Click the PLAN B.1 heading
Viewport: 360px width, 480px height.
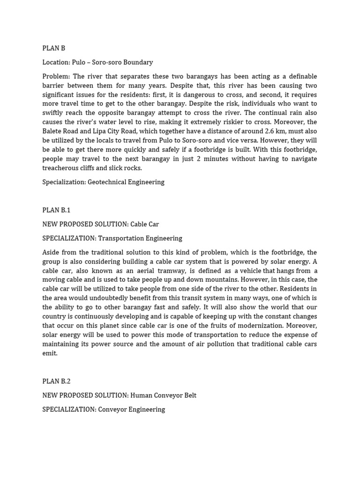point(56,210)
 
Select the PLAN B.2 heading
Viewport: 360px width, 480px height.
point(56,381)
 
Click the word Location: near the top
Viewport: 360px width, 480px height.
point(56,62)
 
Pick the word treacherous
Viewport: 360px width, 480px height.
point(60,168)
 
